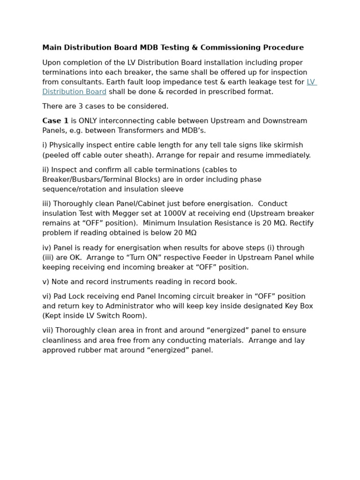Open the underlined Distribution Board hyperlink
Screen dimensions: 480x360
pos(74,92)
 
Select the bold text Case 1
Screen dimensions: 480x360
pos(55,121)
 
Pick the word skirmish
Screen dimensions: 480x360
pos(287,145)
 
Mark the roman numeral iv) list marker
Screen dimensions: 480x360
pos(47,248)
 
